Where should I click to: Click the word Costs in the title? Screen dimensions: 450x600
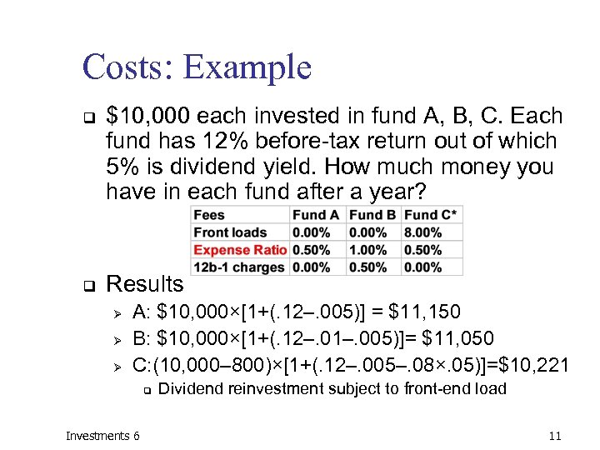125,67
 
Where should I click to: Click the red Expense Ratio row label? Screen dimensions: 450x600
240,250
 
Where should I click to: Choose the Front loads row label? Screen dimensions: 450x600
230,232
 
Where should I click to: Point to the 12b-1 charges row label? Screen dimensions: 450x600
239,267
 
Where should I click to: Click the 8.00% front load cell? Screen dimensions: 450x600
422,232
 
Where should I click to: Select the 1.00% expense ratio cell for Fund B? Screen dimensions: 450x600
367,250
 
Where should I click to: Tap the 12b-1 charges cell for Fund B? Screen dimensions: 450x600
367,267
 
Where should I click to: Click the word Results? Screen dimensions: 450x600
146,284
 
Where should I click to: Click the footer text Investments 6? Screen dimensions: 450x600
102,436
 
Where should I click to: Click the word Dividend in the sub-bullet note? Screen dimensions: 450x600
191,389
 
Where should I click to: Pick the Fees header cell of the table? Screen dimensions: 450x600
209,215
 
